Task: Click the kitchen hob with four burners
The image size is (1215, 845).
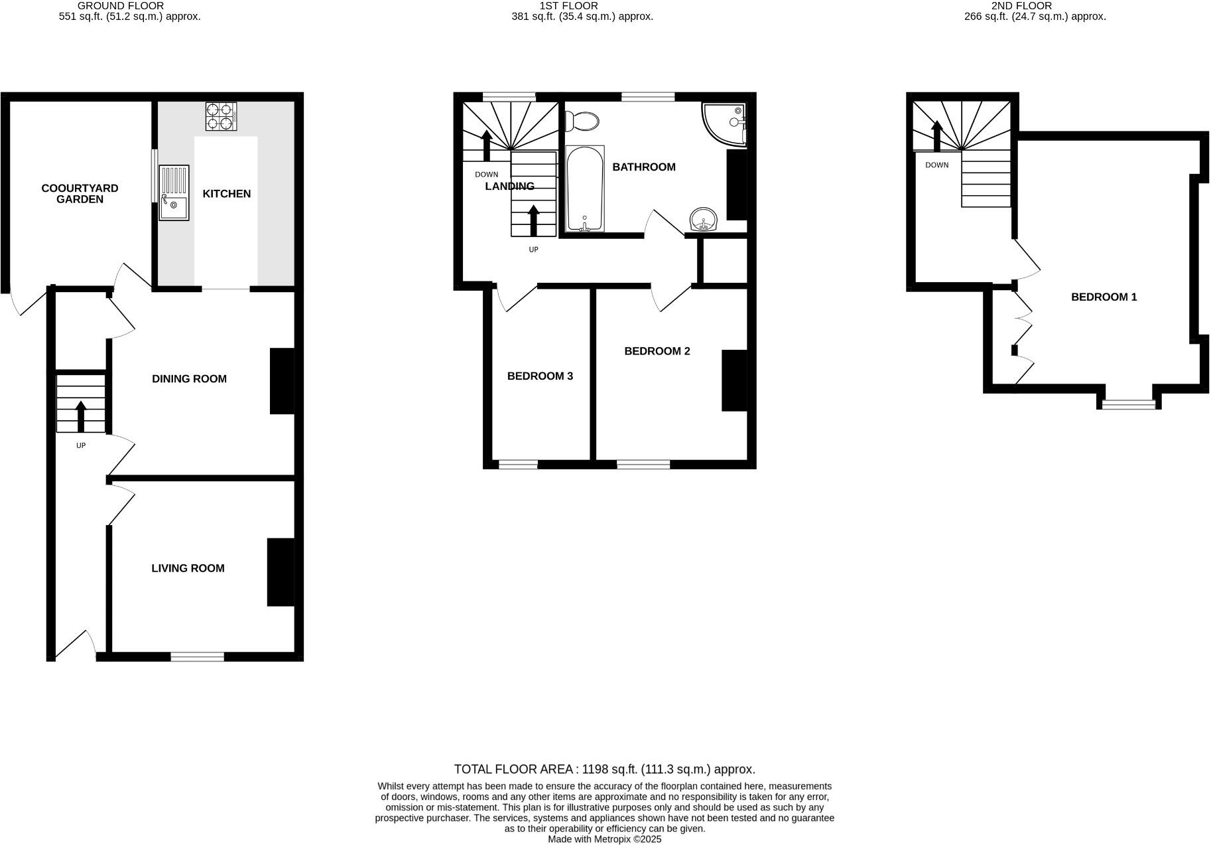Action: tap(221, 115)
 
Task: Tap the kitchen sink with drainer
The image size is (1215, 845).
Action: tap(174, 193)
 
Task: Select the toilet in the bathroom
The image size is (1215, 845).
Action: tap(582, 121)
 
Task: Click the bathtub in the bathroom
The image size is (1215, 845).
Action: tap(585, 189)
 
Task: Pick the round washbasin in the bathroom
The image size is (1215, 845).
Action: tap(704, 219)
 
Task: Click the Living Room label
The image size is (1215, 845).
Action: tap(188, 568)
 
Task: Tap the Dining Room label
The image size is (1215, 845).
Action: tap(189, 379)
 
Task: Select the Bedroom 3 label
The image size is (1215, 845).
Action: tap(540, 376)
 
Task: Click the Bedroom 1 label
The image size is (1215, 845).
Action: tap(1104, 297)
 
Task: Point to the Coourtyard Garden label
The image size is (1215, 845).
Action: tap(80, 194)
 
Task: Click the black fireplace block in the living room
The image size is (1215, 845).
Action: tap(281, 572)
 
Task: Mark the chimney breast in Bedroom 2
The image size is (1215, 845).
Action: tap(734, 380)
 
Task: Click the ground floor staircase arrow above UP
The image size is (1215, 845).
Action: tap(81, 416)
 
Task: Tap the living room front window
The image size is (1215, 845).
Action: tap(197, 657)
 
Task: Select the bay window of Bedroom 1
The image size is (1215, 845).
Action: tap(1128, 404)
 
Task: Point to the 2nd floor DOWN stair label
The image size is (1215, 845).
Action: tap(936, 165)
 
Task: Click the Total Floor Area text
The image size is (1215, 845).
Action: tap(604, 769)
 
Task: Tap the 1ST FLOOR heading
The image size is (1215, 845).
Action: tap(568, 6)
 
